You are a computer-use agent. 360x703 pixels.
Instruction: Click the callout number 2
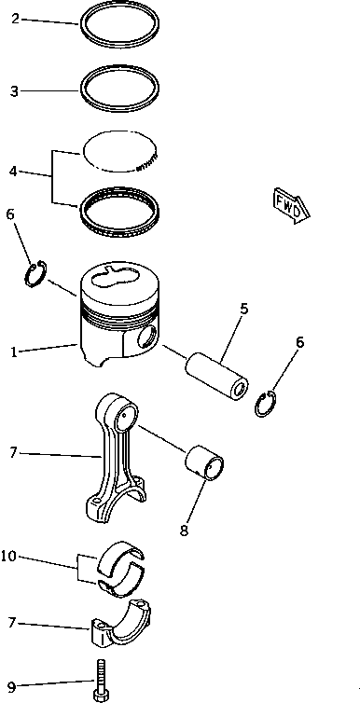click(x=15, y=19)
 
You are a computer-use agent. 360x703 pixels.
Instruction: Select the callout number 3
click(x=15, y=91)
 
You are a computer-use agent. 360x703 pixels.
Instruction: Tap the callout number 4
click(x=13, y=172)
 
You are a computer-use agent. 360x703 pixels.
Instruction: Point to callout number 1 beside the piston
click(x=14, y=352)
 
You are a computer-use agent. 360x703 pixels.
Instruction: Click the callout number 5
click(x=243, y=309)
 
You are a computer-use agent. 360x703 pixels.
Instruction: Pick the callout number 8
click(x=185, y=531)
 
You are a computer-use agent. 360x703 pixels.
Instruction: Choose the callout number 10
click(x=8, y=557)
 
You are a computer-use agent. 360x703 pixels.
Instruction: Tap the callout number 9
click(x=11, y=686)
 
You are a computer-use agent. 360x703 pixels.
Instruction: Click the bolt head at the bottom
click(x=102, y=696)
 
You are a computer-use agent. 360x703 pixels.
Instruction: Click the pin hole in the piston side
click(x=148, y=337)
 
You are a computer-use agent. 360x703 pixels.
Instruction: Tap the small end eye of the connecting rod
click(x=127, y=416)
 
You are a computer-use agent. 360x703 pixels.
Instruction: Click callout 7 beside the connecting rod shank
click(x=13, y=453)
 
